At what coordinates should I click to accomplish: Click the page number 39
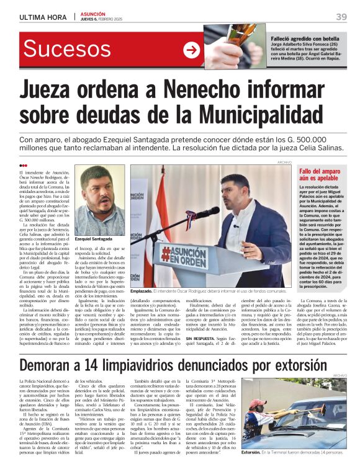pyautogui.click(x=341, y=16)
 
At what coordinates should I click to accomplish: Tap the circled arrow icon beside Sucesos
pyautogui.click(x=191, y=50)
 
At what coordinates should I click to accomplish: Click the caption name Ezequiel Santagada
pyautogui.click(x=93, y=239)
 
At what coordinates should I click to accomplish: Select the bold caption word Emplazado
pyautogui.click(x=143, y=290)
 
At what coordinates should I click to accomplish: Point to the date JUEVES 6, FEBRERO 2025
pyautogui.click(x=104, y=20)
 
